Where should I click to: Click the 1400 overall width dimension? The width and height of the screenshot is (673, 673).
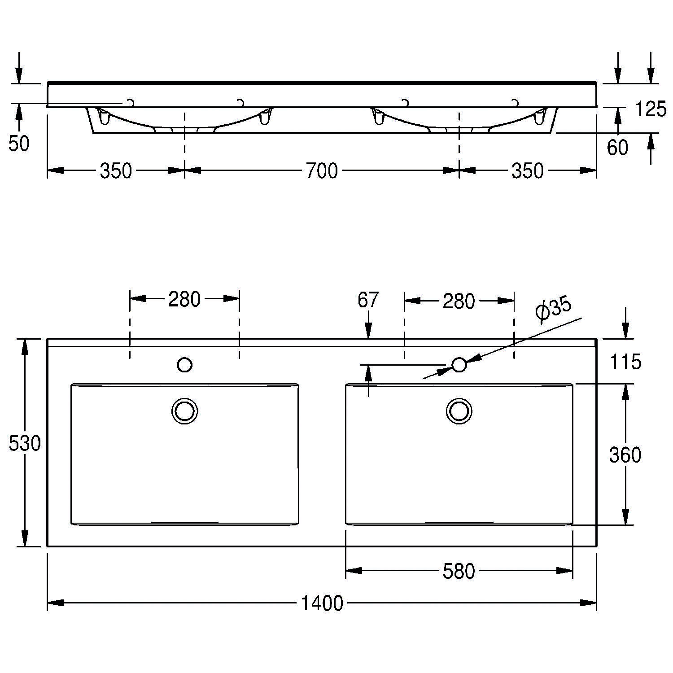tap(322, 603)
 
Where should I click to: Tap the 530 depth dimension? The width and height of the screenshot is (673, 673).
tap(25, 444)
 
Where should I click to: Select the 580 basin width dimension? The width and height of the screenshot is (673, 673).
tap(459, 571)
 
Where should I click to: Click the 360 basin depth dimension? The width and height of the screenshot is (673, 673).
tap(625, 455)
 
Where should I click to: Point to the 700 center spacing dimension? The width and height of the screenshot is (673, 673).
tap(321, 171)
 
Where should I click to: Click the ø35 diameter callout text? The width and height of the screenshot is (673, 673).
tap(554, 310)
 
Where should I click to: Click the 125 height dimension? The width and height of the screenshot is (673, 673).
tap(651, 109)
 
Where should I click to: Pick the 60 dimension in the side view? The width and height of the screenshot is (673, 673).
tap(617, 148)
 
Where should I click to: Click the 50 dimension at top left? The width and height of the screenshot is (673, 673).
tap(19, 144)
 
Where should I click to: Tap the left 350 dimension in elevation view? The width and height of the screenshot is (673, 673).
tap(116, 171)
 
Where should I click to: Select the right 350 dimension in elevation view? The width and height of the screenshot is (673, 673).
tap(527, 171)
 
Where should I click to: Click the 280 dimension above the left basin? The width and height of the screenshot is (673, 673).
tap(184, 299)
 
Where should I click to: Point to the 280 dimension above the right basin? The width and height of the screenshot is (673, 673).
tap(459, 302)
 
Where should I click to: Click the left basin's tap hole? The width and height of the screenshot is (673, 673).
tap(185, 365)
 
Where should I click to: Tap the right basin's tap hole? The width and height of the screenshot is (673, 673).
tap(459, 365)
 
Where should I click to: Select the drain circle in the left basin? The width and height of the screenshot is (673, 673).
tap(185, 411)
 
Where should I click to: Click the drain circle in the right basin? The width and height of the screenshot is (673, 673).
tap(459, 411)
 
